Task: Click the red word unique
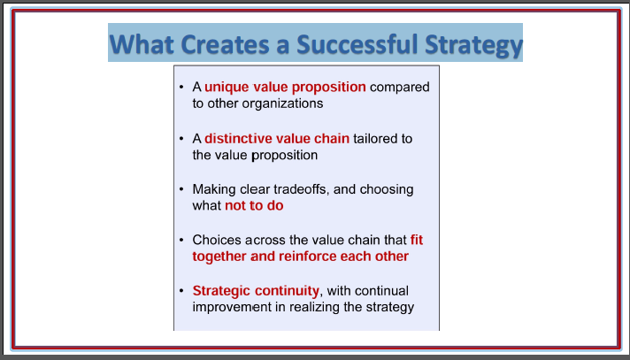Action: (227, 88)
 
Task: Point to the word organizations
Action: (282, 103)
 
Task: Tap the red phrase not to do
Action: (254, 206)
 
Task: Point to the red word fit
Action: (417, 240)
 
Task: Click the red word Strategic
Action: (221, 290)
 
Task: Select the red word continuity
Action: (287, 290)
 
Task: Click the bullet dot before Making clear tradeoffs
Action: (181, 189)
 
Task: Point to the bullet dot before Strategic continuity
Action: (181, 290)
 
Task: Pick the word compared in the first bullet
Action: (400, 88)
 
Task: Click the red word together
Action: (219, 257)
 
